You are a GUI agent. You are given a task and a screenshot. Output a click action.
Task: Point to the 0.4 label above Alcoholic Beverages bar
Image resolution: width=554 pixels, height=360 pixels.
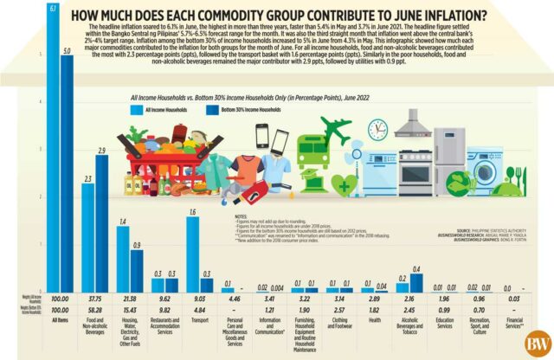415,270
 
